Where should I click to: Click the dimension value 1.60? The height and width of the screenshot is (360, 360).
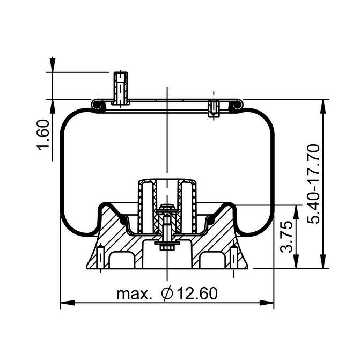pyautogui.click(x=44, y=135)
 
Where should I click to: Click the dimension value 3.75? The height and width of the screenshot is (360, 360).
pyautogui.click(x=288, y=236)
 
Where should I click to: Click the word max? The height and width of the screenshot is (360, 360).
pyautogui.click(x=134, y=294)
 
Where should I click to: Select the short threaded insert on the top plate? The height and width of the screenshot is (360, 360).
pyautogui.click(x=214, y=108)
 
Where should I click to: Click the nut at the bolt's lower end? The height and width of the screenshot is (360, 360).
pyautogui.click(x=165, y=247)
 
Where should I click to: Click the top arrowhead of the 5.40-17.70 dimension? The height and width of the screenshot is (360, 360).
pyautogui.click(x=324, y=105)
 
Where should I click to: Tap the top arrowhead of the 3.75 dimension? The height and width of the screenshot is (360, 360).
pyautogui.click(x=295, y=210)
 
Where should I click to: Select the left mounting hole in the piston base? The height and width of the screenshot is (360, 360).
pyautogui.click(x=100, y=258)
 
